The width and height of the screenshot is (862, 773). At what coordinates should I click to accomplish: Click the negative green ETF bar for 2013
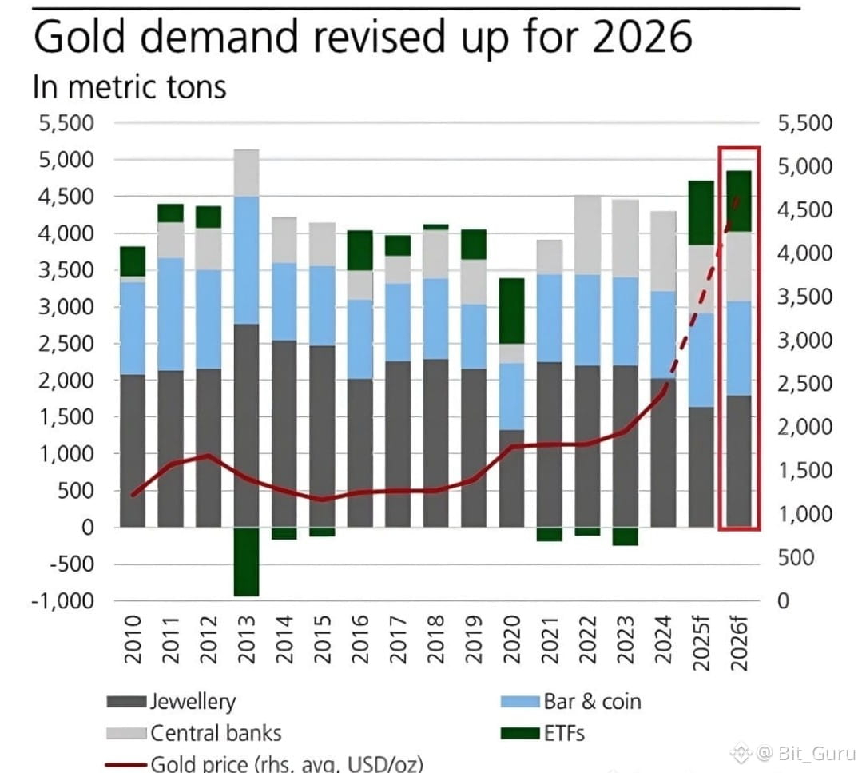pyautogui.click(x=247, y=561)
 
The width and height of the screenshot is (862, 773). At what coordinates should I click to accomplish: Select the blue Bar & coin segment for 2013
pyautogui.click(x=247, y=260)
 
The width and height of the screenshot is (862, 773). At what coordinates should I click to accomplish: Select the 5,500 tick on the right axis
pyautogui.click(x=804, y=124)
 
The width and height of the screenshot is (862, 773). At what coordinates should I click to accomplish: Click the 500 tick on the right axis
pyautogui.click(x=796, y=557)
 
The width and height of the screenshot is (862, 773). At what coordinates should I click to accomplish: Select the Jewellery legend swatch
pyautogui.click(x=126, y=703)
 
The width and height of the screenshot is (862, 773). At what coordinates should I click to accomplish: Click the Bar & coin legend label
pyautogui.click(x=592, y=702)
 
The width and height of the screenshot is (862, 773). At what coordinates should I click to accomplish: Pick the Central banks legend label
pyautogui.click(x=216, y=732)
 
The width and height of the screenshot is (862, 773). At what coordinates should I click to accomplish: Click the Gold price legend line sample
pyautogui.click(x=126, y=763)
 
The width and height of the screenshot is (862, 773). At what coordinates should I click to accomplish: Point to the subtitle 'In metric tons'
pyautogui.click(x=129, y=86)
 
